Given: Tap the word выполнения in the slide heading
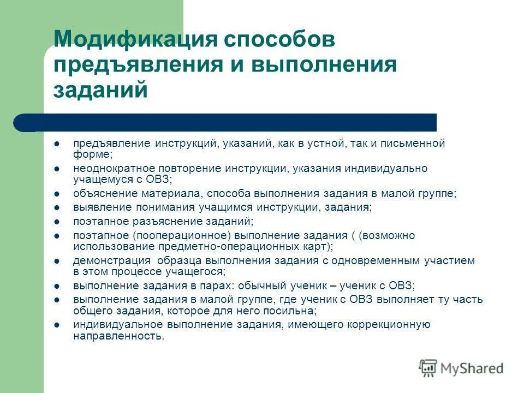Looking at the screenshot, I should click(x=324, y=64).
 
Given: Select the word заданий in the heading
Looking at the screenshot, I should click(x=100, y=89).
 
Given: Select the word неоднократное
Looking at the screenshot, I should click(x=112, y=168).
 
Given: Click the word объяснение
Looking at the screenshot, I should click(x=104, y=193).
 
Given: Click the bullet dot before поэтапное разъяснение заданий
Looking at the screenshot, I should click(x=57, y=222).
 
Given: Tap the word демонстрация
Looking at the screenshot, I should click(x=109, y=261).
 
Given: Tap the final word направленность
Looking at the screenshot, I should click(x=118, y=336).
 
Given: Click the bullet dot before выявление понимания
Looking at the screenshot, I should click(x=57, y=207).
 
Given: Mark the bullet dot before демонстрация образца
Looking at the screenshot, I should click(x=57, y=261).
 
